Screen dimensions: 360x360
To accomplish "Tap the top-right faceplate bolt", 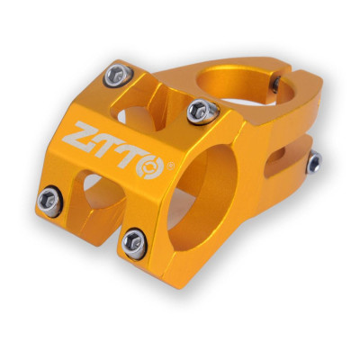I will [200, 111].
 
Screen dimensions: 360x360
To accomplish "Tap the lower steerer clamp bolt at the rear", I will [314, 161].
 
